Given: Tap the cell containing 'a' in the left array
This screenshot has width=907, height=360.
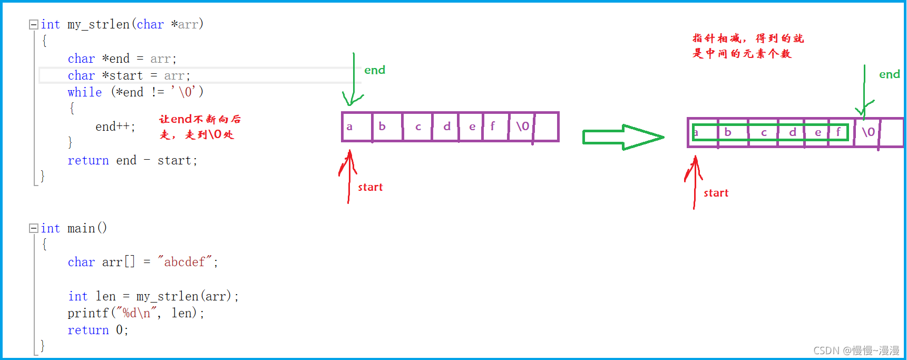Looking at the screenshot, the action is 357,127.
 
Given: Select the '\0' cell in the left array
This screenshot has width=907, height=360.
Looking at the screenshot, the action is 522,127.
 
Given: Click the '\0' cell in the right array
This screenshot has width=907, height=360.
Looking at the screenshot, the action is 867,132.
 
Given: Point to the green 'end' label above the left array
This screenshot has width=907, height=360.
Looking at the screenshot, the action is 375,70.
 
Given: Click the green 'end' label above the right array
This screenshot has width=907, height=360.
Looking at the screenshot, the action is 889,74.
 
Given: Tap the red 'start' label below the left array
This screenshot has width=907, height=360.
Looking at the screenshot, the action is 370,187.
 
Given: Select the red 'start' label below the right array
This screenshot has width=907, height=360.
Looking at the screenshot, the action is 716,193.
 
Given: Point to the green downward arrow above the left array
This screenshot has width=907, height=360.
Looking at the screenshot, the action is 353,79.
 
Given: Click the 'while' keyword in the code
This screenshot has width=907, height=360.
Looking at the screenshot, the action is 84,92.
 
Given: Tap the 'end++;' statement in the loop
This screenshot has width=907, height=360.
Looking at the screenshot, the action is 115,127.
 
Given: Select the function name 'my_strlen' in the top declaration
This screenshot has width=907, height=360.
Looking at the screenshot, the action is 99,24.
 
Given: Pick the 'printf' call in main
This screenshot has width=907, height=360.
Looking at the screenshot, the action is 87,313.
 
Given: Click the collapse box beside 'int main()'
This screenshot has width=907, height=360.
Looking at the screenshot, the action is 33,228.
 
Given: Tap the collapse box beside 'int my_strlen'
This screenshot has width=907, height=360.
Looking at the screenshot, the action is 33,24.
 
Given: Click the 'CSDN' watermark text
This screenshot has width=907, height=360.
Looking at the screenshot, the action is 826,351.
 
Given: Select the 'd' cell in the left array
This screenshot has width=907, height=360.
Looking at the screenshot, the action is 446,127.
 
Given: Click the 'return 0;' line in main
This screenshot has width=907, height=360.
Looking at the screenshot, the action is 97,330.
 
